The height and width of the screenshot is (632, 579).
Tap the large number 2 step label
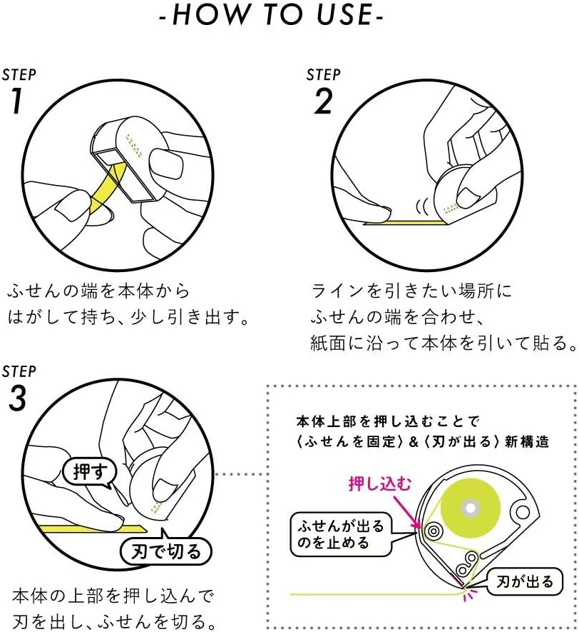click(322, 102)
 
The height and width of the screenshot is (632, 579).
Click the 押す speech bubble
click(88, 471)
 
